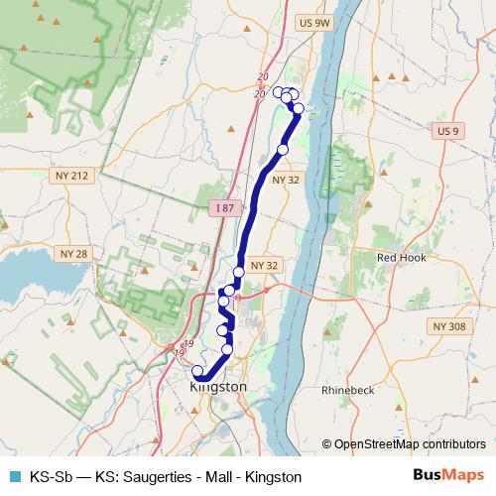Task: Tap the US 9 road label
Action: (448, 130)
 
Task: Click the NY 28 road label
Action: (74, 254)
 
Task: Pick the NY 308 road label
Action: (448, 325)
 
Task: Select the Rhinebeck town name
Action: (348, 390)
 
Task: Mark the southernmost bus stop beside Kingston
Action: (197, 372)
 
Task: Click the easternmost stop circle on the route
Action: (299, 108)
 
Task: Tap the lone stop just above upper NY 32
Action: (283, 149)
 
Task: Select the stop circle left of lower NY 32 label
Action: (239, 272)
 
